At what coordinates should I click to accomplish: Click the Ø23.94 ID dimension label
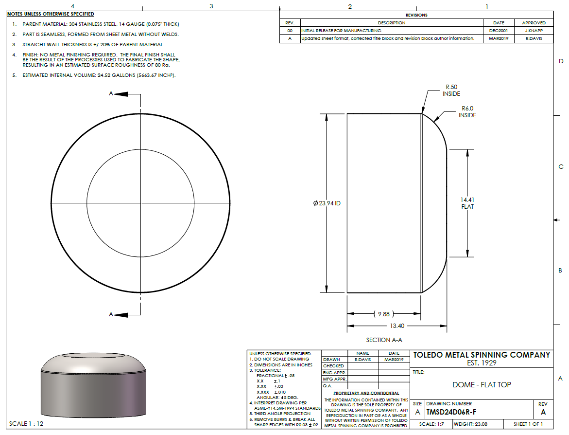(327, 203)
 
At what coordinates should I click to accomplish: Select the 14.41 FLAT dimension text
(467, 203)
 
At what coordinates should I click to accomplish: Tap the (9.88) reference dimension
(383, 314)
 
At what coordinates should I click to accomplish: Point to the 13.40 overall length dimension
(397, 326)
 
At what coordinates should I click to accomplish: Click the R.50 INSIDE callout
(451, 91)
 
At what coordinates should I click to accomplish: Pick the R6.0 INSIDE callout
(467, 112)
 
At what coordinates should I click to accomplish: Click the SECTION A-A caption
(384, 340)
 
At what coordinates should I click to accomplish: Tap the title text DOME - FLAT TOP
(482, 384)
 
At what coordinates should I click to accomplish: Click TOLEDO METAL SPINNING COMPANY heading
(482, 355)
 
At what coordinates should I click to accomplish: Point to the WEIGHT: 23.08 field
(470, 424)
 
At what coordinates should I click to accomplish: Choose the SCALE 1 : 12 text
(26, 423)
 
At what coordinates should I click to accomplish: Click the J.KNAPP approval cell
(534, 30)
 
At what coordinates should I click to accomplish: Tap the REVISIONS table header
(416, 15)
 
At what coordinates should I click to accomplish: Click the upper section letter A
(111, 93)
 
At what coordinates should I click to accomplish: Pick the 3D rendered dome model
(92, 384)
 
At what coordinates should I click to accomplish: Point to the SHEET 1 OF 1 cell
(528, 424)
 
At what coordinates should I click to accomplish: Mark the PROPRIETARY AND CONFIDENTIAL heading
(366, 393)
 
